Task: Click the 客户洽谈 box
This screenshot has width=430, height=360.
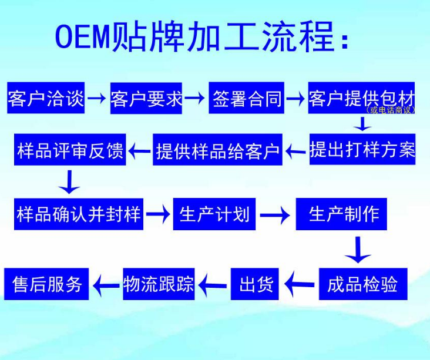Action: point(46,98)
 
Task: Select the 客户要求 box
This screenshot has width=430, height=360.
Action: point(147,98)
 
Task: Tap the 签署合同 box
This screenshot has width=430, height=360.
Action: point(247,98)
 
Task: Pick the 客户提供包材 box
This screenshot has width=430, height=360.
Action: point(361,96)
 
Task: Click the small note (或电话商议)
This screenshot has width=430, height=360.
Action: point(390,110)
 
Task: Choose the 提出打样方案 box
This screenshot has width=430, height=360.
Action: point(362,150)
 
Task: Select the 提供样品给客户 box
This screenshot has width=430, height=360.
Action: point(218,150)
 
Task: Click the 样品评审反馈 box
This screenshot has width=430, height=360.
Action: point(70,150)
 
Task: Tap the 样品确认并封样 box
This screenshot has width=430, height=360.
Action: point(79,214)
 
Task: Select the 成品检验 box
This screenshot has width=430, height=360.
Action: point(362,284)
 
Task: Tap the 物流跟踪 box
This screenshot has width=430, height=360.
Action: point(159,284)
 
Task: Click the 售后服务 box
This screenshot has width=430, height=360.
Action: point(47,284)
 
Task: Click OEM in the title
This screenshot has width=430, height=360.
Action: point(82,37)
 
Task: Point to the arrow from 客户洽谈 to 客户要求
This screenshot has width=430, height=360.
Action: point(98,98)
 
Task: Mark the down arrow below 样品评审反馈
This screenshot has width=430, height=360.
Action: point(70,182)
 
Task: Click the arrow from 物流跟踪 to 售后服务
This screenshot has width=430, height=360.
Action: point(106,285)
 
